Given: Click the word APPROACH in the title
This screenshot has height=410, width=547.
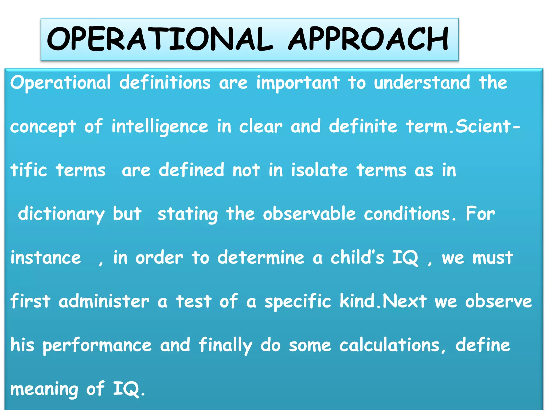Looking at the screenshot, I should tap(369, 39).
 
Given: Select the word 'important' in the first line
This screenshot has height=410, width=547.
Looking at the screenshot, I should tap(298, 83).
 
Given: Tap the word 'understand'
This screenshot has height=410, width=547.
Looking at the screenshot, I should tap(422, 83).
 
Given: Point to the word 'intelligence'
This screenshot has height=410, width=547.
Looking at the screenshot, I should tap(160, 127).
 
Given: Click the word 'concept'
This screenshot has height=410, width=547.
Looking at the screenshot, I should tap(43, 127).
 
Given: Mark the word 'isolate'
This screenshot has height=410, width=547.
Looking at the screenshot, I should tap(319, 170).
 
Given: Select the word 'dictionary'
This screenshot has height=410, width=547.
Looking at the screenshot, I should tap(61, 214).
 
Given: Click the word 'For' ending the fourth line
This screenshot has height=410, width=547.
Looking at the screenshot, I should tap(480, 214).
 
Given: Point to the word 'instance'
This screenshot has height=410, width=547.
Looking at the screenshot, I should tap(46, 258).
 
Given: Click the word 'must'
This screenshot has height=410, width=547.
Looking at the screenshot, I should tap(493, 258).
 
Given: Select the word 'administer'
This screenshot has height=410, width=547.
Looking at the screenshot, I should tap(104, 301).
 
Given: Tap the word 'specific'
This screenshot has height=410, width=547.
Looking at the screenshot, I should tap(298, 302).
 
